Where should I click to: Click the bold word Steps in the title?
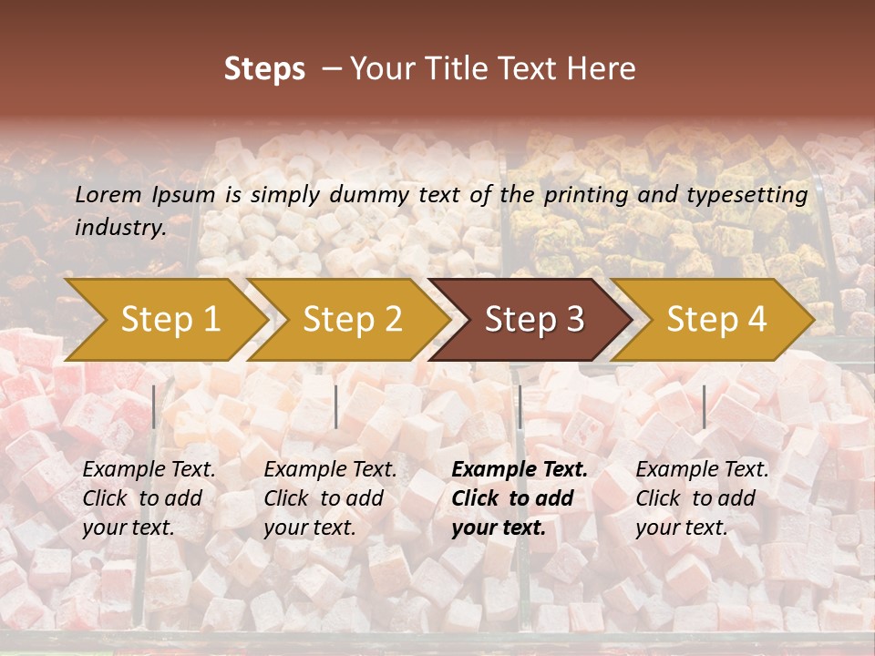tap(264, 69)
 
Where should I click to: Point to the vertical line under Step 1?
tap(154, 406)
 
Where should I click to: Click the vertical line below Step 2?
tap(336, 406)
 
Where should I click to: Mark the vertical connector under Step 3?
tap(520, 406)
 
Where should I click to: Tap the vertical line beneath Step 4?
tap(704, 406)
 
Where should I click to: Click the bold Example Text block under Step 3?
tap(520, 498)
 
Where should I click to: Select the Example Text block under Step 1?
tap(149, 498)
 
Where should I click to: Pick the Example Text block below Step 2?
tap(330, 498)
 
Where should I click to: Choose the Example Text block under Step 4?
tap(702, 498)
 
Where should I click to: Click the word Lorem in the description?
tap(108, 195)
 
